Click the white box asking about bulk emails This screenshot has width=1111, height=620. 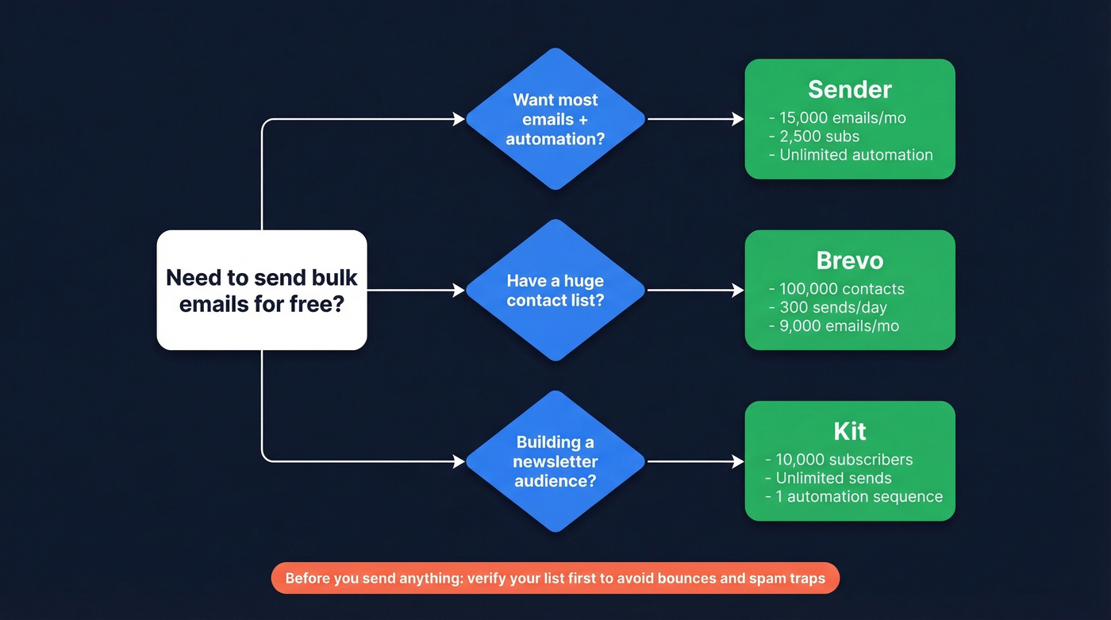pyautogui.click(x=262, y=291)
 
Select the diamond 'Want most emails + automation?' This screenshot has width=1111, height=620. pyautogui.click(x=555, y=119)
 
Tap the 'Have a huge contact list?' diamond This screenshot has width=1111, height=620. pyautogui.click(x=555, y=291)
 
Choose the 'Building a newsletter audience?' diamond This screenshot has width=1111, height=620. pyautogui.click(x=555, y=461)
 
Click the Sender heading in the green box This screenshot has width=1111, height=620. pyautogui.click(x=849, y=89)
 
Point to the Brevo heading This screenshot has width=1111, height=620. pyautogui.click(x=849, y=260)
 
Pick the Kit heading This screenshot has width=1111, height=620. pyautogui.click(x=849, y=431)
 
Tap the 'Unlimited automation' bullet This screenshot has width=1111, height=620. pyautogui.click(x=855, y=155)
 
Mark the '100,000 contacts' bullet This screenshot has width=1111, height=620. pyautogui.click(x=840, y=289)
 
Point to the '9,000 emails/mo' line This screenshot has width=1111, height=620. pyautogui.click(x=838, y=325)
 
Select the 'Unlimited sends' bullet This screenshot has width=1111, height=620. pyautogui.click(x=832, y=478)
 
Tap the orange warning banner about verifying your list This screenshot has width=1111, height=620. pyautogui.click(x=555, y=578)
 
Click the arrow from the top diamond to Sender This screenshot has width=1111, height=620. pyautogui.click(x=695, y=119)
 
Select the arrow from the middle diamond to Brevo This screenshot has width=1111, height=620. pyautogui.click(x=695, y=291)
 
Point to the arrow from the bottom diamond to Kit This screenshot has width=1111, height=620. pyautogui.click(x=695, y=461)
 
